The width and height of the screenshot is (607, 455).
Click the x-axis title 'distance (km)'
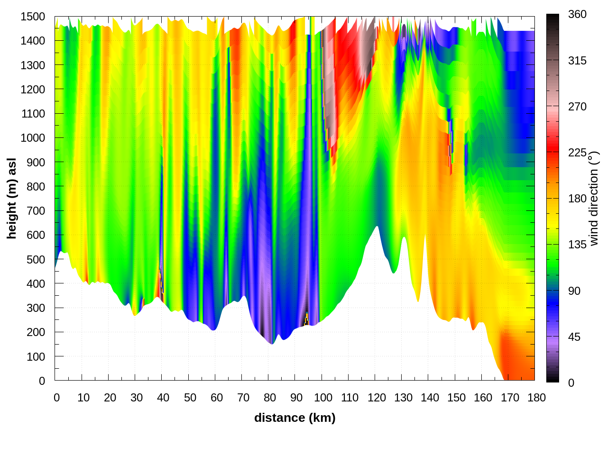point(294,418)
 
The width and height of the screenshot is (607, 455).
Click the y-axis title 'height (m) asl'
point(11,198)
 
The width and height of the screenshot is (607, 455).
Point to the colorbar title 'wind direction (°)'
point(594,198)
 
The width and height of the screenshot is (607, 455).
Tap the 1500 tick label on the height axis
point(33,17)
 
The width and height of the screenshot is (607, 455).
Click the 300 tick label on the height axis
point(36,308)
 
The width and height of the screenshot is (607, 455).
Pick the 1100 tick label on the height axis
point(33,114)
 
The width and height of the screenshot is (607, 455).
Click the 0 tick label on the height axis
point(42,381)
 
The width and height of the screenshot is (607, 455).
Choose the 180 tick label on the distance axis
point(536,398)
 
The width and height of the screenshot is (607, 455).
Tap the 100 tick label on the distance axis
point(323,398)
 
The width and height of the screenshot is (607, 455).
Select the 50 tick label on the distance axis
point(190,398)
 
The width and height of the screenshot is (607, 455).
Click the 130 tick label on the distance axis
point(403,398)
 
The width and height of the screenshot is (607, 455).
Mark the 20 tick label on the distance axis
point(110,398)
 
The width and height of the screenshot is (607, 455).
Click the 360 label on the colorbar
point(577,14)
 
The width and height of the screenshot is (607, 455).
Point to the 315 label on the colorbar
point(577,61)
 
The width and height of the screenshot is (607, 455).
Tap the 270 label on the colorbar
point(577,107)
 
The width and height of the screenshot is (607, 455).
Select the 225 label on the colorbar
point(577,153)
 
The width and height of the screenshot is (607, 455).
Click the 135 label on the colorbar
point(577,245)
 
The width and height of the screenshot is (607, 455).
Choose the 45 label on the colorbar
point(574,337)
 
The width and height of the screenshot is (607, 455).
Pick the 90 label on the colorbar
point(574,291)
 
